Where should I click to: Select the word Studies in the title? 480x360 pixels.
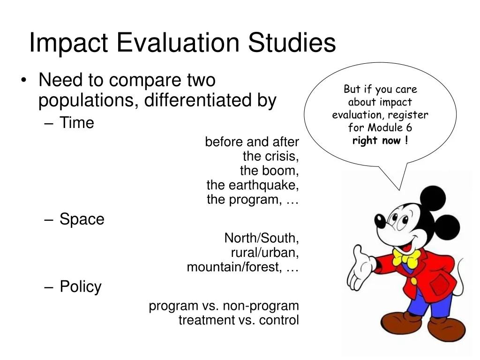[292, 42]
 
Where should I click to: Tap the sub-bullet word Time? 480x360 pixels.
[76, 122]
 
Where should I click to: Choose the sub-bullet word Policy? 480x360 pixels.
[81, 287]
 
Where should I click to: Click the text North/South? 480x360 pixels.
[261, 238]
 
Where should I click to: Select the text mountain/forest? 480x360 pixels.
[234, 267]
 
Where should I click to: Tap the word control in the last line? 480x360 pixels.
[278, 320]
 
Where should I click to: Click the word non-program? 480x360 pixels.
[261, 306]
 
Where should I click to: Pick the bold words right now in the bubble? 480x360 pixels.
[376, 141]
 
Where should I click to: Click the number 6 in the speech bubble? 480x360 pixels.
[409, 127]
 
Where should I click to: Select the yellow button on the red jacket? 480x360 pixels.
[413, 281]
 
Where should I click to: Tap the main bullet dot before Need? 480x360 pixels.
[24, 81]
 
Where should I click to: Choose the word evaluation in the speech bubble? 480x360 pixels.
[355, 115]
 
